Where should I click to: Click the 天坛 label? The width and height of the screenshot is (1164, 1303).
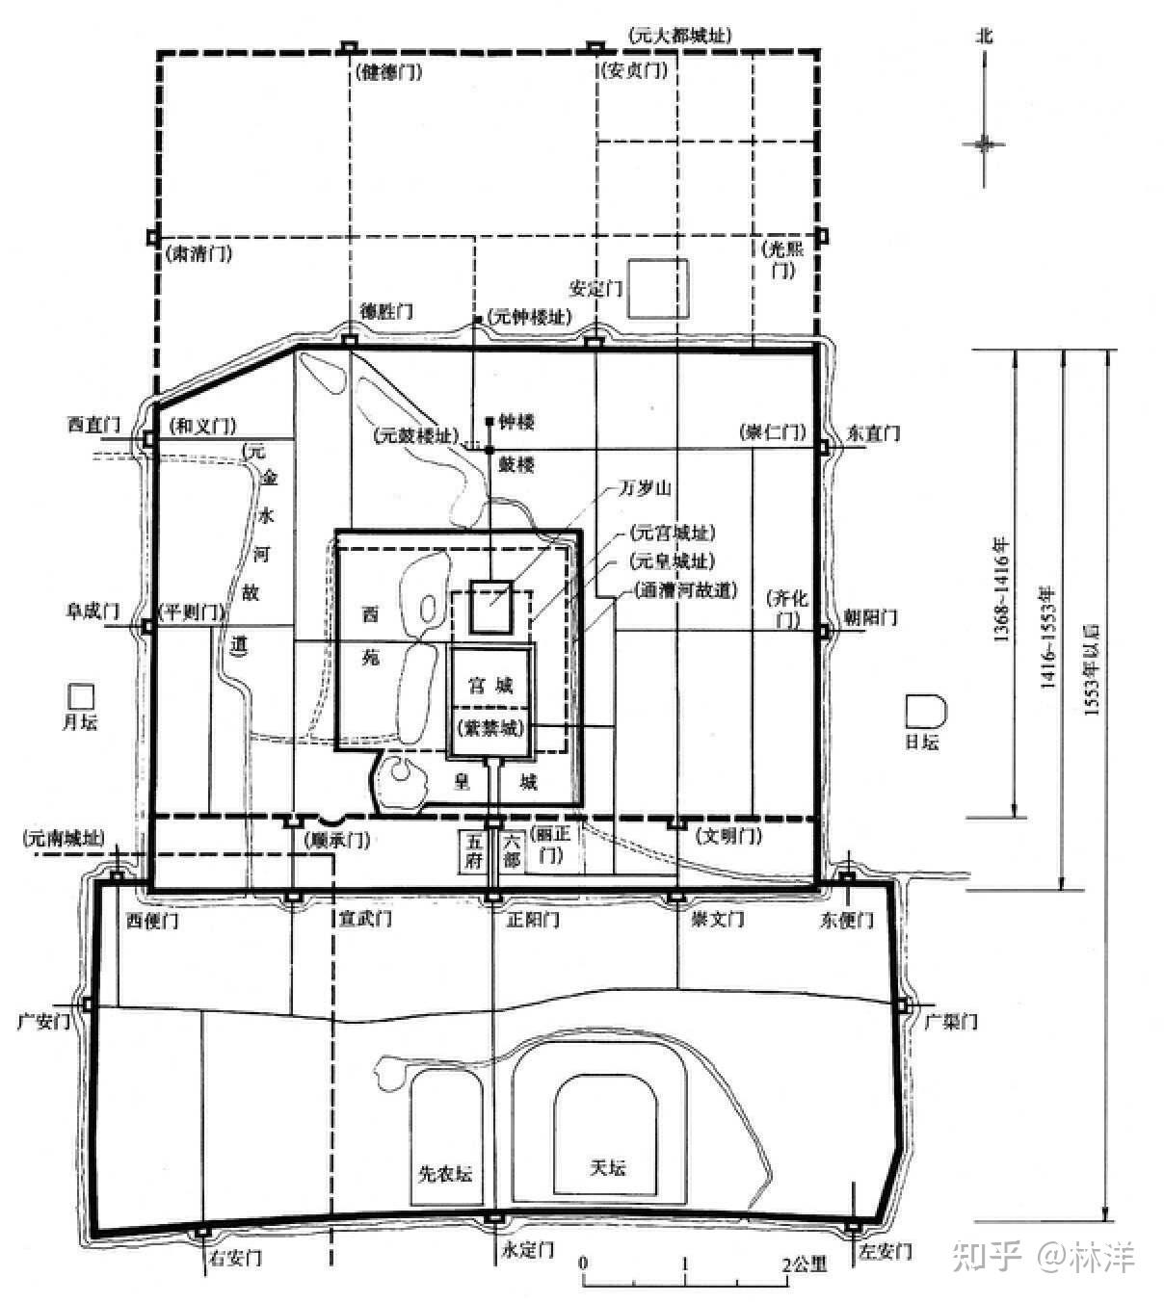[x=607, y=1167]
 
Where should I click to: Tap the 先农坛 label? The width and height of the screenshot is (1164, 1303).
[x=444, y=1173]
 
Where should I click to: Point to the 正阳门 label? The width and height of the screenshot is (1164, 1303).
[x=532, y=919]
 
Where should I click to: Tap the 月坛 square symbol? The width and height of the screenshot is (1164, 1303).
[x=80, y=695]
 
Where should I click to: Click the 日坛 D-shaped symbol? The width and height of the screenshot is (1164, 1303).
[x=926, y=711]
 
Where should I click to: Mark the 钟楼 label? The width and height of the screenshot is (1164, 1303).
[x=516, y=422]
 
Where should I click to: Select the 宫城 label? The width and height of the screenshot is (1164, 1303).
[x=490, y=686]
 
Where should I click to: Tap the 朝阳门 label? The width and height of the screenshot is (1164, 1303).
[x=871, y=616]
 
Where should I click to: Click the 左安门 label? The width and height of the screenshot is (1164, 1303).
[x=884, y=1252]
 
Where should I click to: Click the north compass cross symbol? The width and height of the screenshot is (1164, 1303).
[x=984, y=143]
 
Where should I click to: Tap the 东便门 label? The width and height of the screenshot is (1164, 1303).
[x=847, y=920]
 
